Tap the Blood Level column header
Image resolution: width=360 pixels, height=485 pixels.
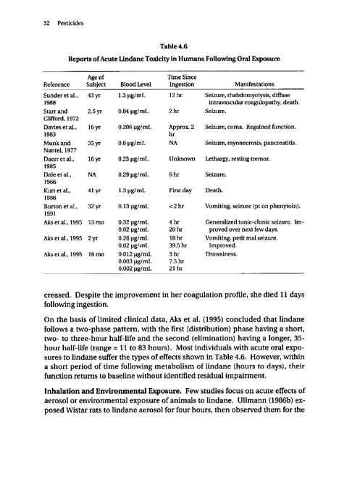[135, 84]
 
